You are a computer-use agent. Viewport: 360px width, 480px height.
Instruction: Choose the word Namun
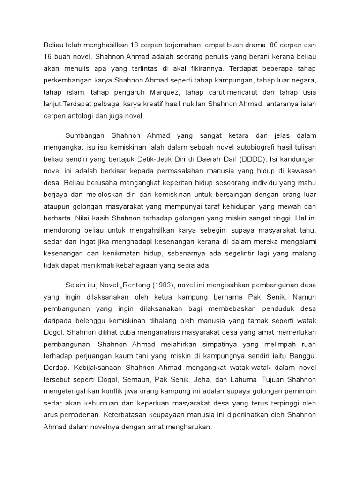[x=304, y=297]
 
